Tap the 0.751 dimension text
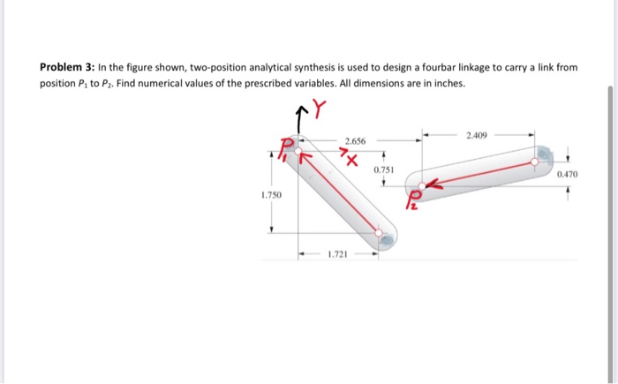(383, 169)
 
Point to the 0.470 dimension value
(567, 175)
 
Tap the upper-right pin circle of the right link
(536, 162)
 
